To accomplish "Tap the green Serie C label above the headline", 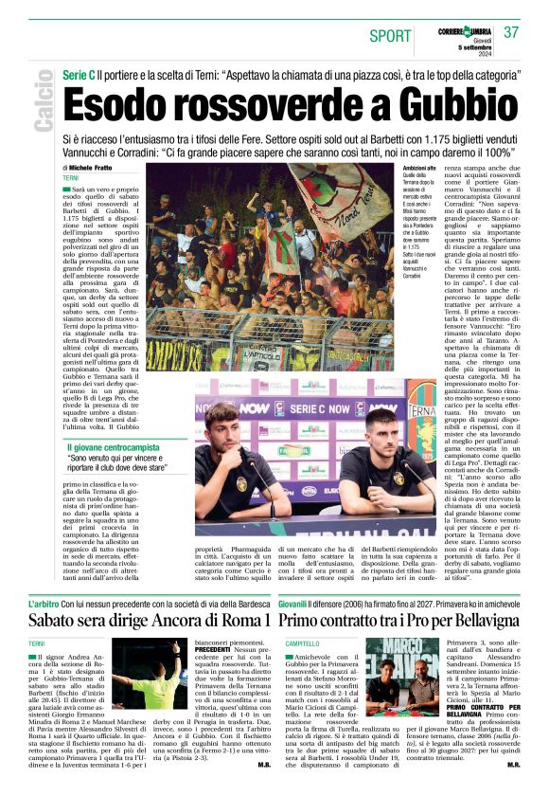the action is coord(78,73).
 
